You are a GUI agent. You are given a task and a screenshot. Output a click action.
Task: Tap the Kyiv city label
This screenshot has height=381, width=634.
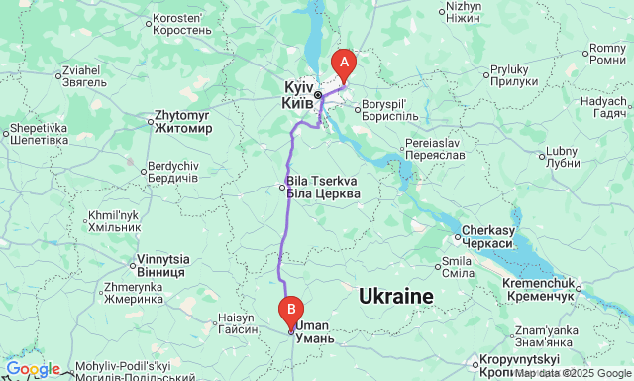tap(298, 95)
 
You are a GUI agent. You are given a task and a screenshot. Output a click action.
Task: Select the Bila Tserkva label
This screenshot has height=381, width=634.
tap(322, 187)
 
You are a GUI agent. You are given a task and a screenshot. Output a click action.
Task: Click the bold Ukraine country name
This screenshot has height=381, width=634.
tap(396, 296)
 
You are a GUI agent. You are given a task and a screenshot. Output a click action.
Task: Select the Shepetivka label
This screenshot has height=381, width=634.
tap(41, 134)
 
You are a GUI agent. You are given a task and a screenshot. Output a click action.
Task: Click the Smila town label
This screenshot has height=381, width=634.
tap(457, 267)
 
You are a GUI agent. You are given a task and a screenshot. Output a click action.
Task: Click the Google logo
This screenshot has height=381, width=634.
tap(32, 369)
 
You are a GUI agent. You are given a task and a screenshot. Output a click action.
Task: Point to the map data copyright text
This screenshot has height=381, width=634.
tap(572, 373)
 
